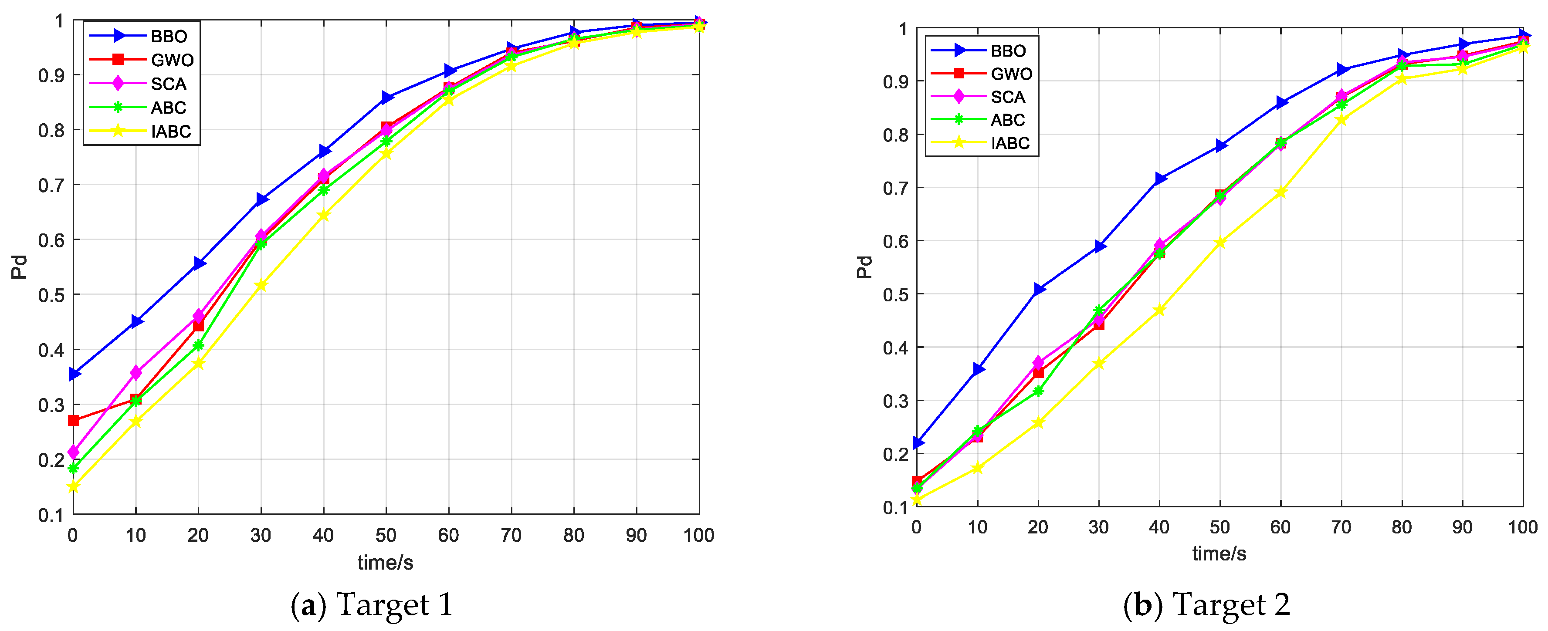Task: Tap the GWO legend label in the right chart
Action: pyautogui.click(x=1011, y=74)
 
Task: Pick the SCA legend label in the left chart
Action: pyautogui.click(x=168, y=84)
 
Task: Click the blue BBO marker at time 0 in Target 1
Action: pyautogui.click(x=74, y=374)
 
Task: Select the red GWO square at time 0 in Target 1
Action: pyautogui.click(x=73, y=420)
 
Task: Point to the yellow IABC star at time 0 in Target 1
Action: pyautogui.click(x=73, y=487)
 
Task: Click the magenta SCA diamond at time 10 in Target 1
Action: pyautogui.click(x=136, y=373)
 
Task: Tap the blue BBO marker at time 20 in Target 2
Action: pyautogui.click(x=1038, y=290)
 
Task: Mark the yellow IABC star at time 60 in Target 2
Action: pyautogui.click(x=1280, y=192)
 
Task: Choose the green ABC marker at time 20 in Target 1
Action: pyautogui.click(x=198, y=345)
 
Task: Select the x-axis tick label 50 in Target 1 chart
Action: pyautogui.click(x=386, y=535)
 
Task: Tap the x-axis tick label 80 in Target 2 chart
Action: pyautogui.click(x=1401, y=527)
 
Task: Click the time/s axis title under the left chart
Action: pyautogui.click(x=385, y=563)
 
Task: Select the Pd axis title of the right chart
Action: pyautogui.click(x=864, y=267)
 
